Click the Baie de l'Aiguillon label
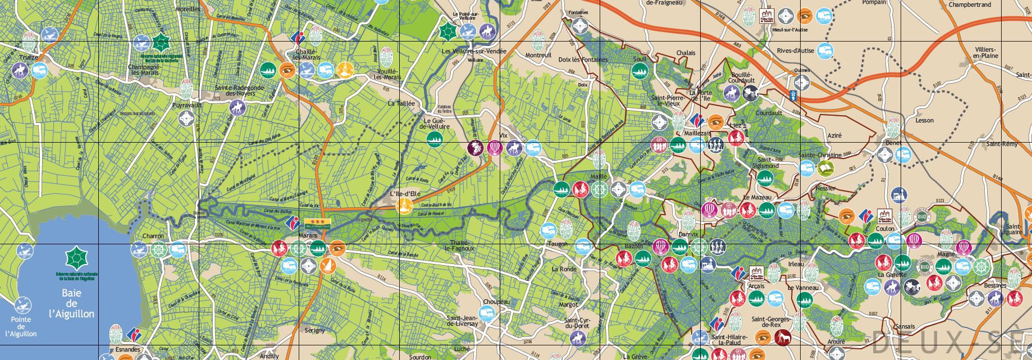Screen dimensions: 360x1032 71,303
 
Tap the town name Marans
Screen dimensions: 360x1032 308,235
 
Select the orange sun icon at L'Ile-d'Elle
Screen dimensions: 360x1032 404,206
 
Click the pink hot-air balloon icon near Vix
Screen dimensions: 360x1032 494,148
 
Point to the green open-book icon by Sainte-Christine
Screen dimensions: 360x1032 825,168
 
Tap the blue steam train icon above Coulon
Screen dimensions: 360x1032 899,195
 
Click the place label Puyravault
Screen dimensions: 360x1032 187,105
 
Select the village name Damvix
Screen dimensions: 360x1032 688,234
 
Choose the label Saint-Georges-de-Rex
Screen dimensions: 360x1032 771,322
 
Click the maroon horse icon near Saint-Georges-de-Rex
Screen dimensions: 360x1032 782,337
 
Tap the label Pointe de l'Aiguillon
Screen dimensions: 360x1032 21,326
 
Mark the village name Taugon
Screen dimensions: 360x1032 558,244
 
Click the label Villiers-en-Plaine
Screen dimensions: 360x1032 985,52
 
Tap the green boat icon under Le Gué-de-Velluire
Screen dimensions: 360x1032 435,139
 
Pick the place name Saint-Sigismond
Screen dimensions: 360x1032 765,163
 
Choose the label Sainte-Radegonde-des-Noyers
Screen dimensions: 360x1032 240,90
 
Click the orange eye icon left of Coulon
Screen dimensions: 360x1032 846,216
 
